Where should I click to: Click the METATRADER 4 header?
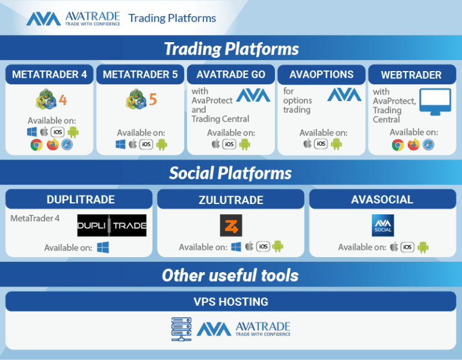(x=50, y=75)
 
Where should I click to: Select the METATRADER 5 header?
(x=140, y=75)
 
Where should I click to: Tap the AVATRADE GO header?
(x=230, y=75)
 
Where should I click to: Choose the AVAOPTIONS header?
(x=321, y=75)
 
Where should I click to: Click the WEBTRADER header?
(x=411, y=75)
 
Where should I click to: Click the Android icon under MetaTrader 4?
(x=73, y=132)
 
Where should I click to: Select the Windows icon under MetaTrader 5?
(x=121, y=144)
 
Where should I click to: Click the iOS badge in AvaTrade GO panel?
(x=229, y=144)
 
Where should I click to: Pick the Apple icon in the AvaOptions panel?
(x=307, y=144)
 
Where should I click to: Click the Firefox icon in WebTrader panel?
(x=413, y=145)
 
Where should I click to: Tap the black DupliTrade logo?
(x=112, y=225)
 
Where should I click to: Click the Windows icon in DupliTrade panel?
(x=103, y=247)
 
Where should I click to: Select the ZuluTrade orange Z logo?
(x=230, y=224)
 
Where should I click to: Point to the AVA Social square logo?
(x=382, y=225)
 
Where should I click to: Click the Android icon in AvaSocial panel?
(x=423, y=247)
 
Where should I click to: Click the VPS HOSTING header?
(x=230, y=301)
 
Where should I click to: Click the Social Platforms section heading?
(x=230, y=173)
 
